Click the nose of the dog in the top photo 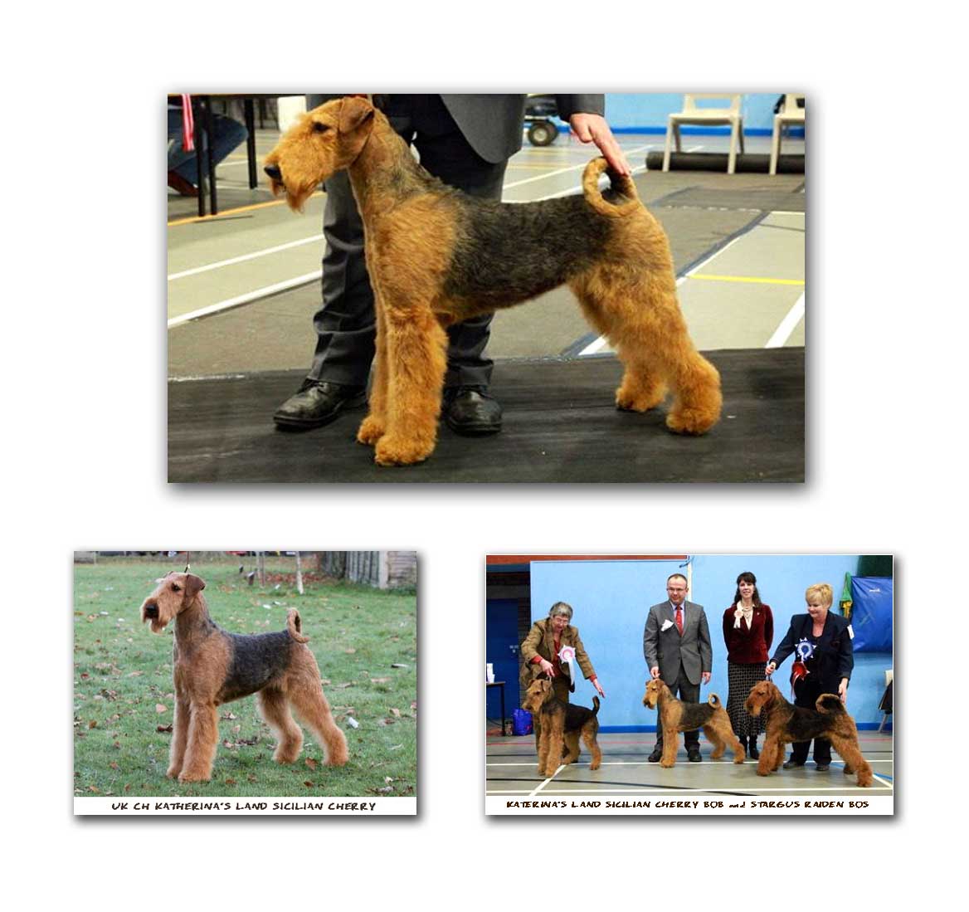point(270,171)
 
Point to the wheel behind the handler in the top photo point(542,132)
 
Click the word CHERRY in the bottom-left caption point(352,807)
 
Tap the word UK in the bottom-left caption point(119,807)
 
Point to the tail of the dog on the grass point(296,625)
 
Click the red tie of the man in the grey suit point(679,620)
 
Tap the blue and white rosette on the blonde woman point(804,649)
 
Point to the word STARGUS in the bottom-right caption point(774,804)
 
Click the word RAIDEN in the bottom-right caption point(822,804)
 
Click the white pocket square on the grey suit point(666,625)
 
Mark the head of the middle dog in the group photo point(655,694)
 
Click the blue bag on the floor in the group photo point(522,722)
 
